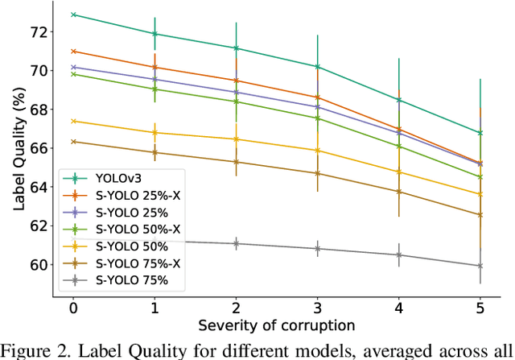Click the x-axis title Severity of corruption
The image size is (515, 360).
[276, 326]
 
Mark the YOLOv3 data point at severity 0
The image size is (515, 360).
[73, 14]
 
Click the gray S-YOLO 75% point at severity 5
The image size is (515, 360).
[480, 266]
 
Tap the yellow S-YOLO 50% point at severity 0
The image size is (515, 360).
[73, 121]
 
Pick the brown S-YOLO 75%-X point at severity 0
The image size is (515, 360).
[73, 142]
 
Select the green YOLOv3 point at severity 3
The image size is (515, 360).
[317, 66]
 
